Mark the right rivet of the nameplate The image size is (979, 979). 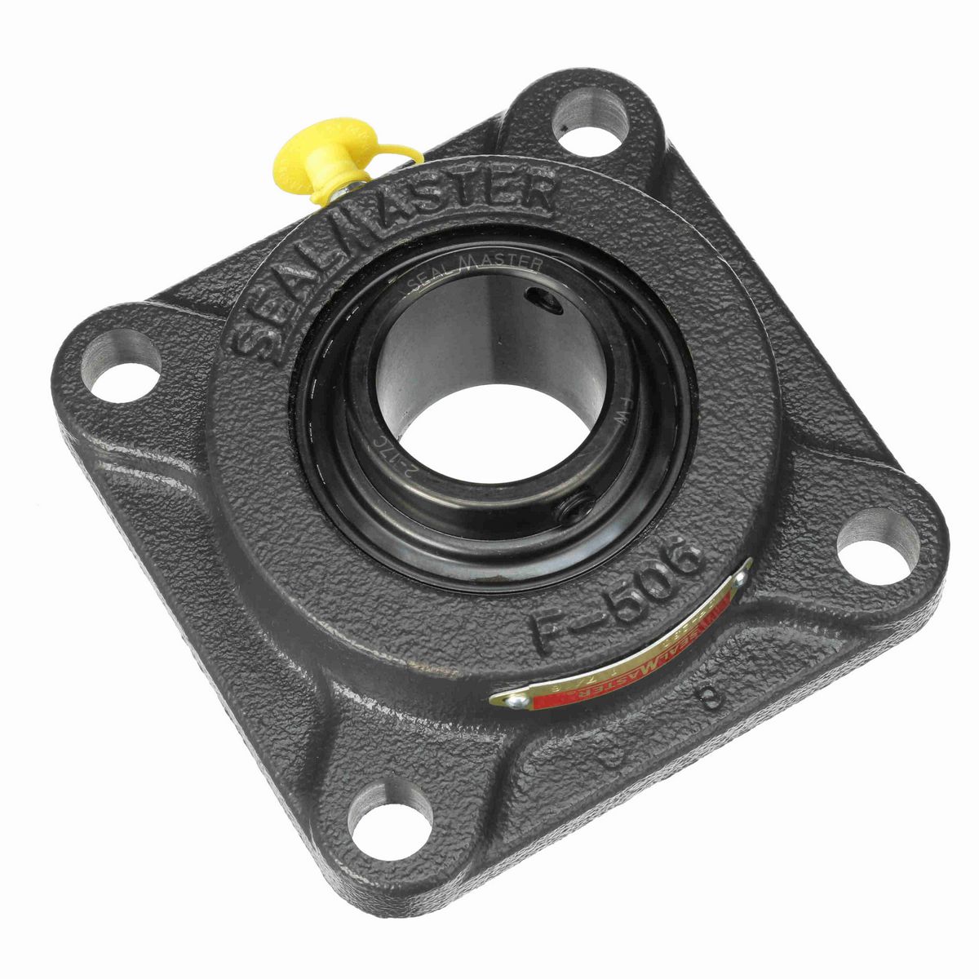(740, 577)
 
